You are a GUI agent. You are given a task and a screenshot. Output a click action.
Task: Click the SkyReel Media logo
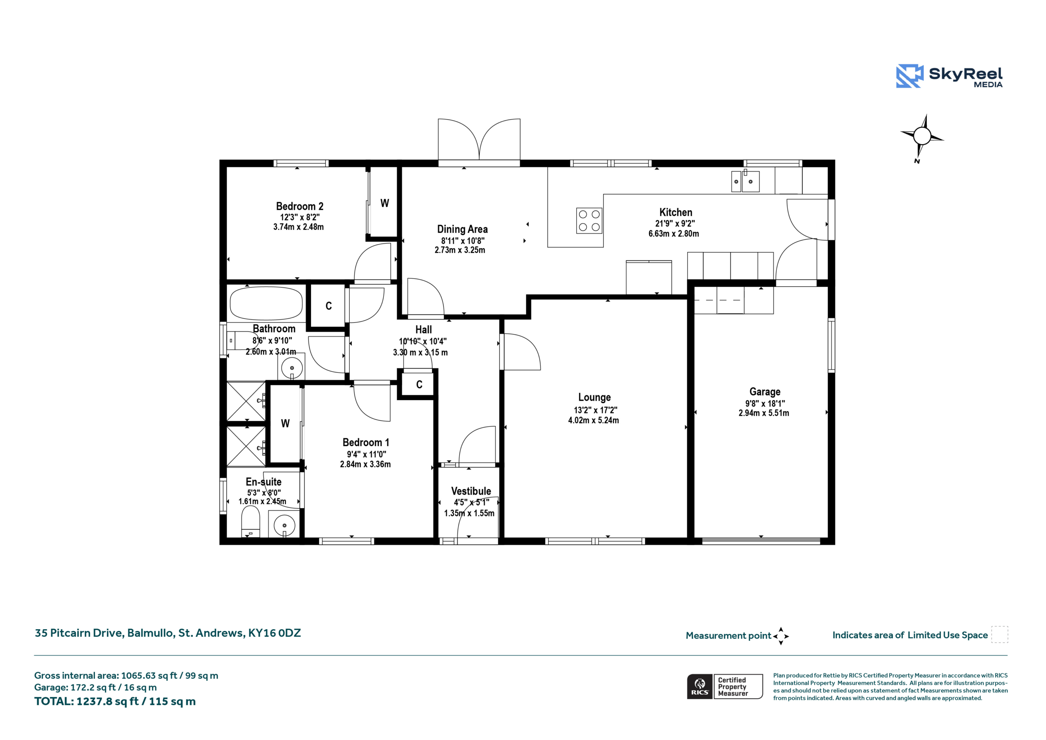(949, 76)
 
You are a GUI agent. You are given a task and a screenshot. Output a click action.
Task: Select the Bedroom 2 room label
(299, 206)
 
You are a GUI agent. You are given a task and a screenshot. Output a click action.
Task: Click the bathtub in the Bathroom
(266, 303)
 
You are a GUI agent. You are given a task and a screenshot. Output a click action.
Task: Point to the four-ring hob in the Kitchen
(589, 221)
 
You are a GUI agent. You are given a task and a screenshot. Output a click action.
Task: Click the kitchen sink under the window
(745, 181)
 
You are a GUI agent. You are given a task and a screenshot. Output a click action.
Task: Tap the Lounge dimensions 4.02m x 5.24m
(593, 420)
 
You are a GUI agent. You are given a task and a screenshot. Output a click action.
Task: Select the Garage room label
(764, 392)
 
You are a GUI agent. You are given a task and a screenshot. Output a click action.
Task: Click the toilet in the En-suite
(250, 522)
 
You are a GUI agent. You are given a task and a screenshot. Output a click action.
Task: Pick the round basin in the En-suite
(284, 525)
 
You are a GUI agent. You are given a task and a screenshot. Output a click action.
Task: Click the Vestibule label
(471, 491)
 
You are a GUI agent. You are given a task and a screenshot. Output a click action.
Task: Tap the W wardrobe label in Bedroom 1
(285, 424)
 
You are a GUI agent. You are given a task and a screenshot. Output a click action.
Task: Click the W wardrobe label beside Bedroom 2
(384, 203)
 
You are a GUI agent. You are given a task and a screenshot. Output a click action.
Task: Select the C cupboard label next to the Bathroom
(329, 306)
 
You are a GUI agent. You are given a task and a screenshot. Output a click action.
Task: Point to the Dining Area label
(463, 229)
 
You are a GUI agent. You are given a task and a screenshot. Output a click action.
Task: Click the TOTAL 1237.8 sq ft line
(115, 701)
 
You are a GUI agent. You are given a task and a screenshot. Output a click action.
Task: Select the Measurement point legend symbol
(781, 636)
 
